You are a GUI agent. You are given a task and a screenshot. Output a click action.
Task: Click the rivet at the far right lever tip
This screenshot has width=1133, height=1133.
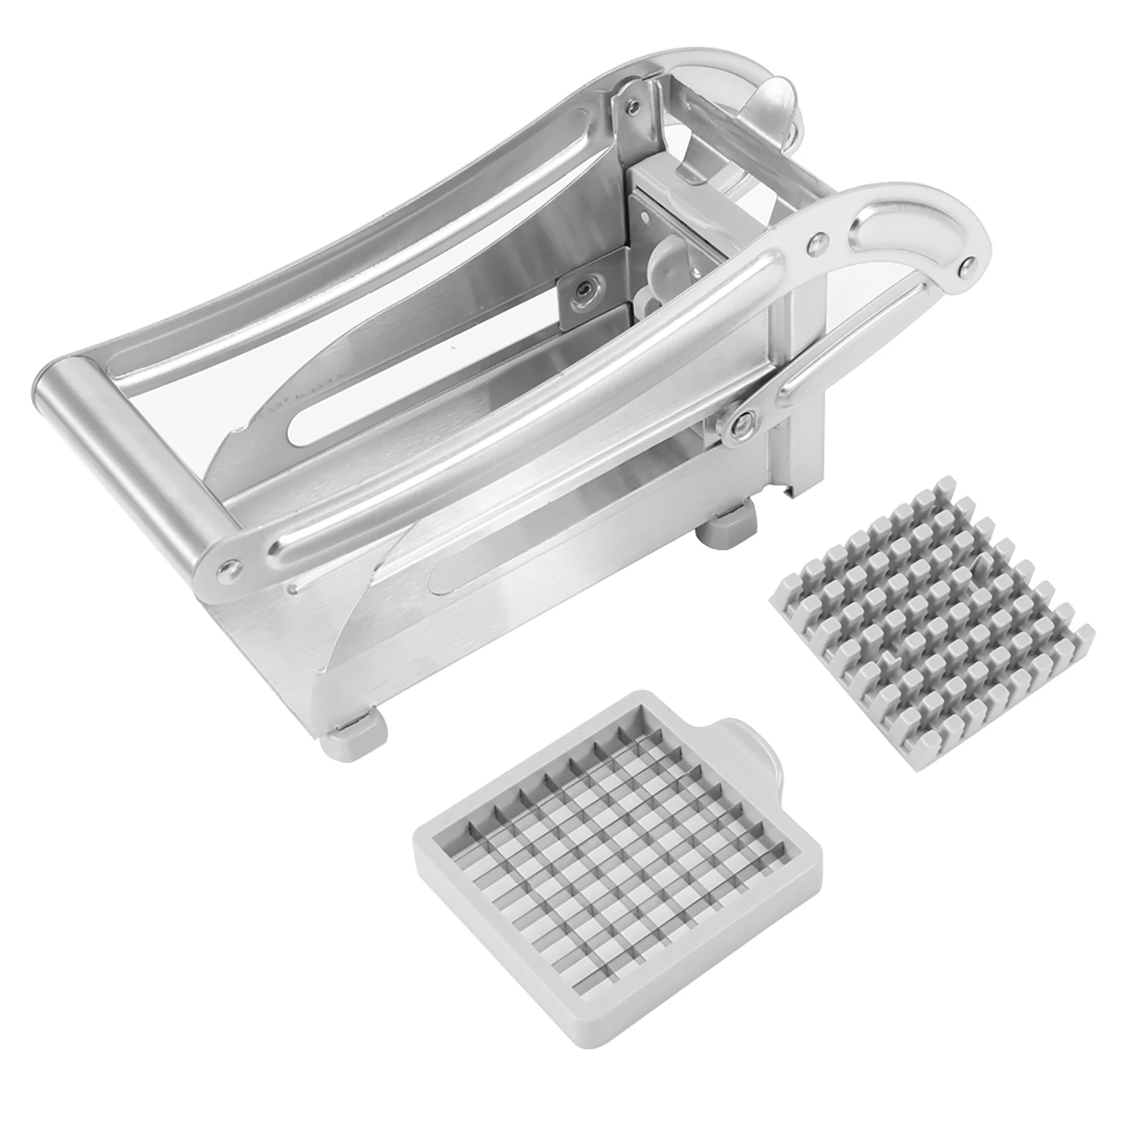tap(965, 268)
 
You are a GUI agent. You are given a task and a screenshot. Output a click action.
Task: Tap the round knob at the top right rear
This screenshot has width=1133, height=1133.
tap(778, 99)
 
